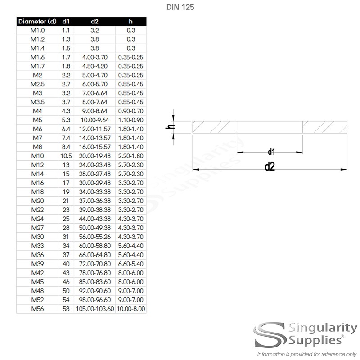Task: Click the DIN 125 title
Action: (x=180, y=7)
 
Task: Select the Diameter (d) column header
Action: (x=37, y=21)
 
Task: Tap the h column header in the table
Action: (x=130, y=21)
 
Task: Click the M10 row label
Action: (x=37, y=156)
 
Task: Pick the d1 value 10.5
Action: (x=66, y=156)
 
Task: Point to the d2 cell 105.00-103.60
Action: (x=94, y=309)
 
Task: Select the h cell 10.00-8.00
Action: (x=130, y=309)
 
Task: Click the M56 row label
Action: (x=37, y=309)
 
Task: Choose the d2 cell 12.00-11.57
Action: (x=94, y=129)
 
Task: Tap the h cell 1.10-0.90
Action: (x=130, y=120)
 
